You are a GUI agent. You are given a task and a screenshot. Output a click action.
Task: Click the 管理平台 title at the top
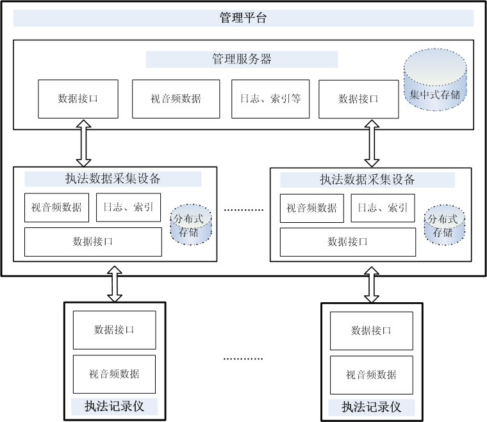[x=243, y=18]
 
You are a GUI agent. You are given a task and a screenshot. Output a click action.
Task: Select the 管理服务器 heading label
[x=242, y=60]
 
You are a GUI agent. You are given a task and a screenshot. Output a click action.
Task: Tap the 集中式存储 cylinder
[x=435, y=83]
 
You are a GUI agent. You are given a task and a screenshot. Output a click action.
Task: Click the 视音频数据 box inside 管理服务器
[x=176, y=99]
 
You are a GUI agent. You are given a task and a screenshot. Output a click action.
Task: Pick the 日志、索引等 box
[x=270, y=99]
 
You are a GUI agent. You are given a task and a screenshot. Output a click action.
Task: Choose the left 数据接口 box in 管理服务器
[x=78, y=99]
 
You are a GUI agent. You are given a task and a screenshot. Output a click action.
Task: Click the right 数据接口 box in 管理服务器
[x=358, y=99]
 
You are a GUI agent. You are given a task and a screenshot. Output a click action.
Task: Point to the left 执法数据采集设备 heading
[x=113, y=179]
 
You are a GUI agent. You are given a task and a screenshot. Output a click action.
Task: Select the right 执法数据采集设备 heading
[x=367, y=179]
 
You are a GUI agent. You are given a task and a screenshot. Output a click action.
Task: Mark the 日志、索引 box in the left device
[x=128, y=207]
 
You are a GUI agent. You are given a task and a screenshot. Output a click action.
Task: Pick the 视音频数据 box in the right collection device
[x=311, y=208]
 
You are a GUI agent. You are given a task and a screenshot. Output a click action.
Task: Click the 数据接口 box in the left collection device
[x=93, y=241]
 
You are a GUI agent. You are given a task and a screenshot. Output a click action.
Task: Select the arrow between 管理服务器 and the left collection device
[x=83, y=148]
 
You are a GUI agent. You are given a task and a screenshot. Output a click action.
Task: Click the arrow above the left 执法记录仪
[x=115, y=285]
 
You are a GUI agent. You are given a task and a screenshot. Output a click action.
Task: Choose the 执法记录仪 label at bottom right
[x=371, y=407]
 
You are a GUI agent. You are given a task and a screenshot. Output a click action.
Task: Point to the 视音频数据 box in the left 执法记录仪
[x=114, y=374]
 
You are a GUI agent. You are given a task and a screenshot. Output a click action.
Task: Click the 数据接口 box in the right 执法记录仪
[x=371, y=330]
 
